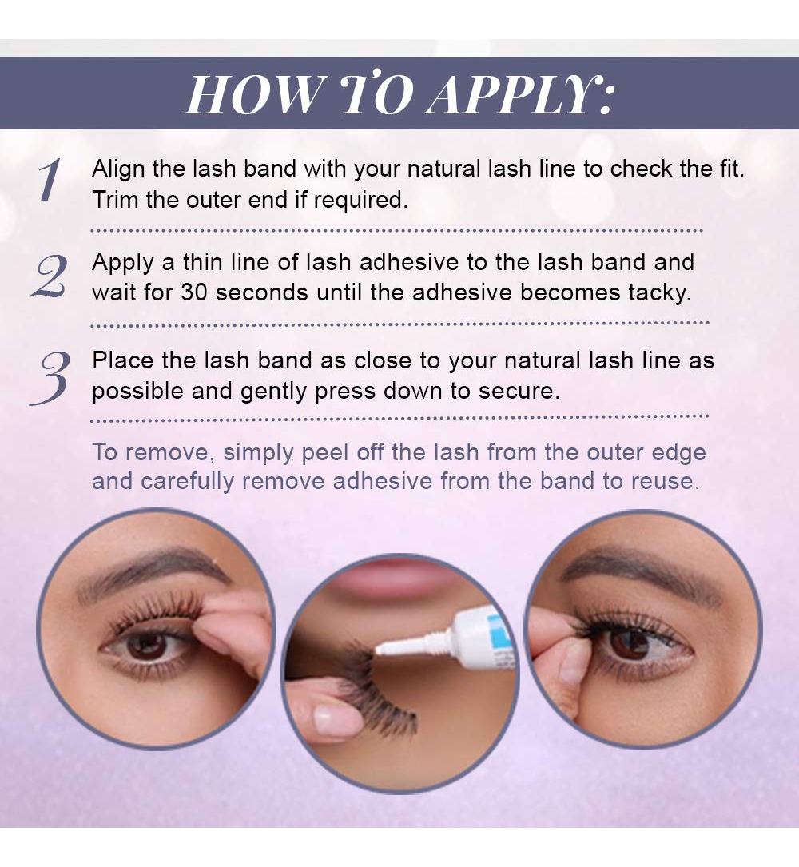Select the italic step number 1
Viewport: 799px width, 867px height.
click(x=49, y=179)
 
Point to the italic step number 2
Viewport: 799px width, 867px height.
click(x=50, y=276)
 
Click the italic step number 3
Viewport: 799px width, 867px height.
click(x=50, y=378)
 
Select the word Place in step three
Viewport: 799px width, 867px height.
click(x=123, y=360)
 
